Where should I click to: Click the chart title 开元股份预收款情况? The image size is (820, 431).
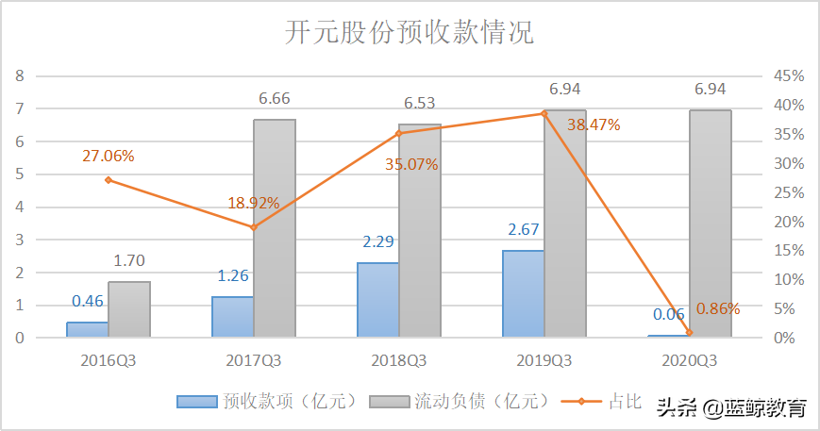pos(410,33)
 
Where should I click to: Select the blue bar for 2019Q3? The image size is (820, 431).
pos(523,293)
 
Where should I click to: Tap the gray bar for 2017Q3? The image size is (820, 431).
pos(275,228)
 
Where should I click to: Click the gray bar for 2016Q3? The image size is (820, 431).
pos(129,309)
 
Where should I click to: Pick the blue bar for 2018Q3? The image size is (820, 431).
pos(377,300)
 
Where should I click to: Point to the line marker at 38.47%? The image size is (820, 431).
pos(544,113)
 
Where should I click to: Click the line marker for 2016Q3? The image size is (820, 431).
pos(108,179)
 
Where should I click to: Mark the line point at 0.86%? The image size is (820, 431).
pos(689,332)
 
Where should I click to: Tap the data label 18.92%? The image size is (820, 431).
pos(254,203)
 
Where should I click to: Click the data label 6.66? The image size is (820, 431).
pos(275,99)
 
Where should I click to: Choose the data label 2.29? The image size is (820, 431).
pos(377,241)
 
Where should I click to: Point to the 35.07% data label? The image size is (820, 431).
pos(411,164)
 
